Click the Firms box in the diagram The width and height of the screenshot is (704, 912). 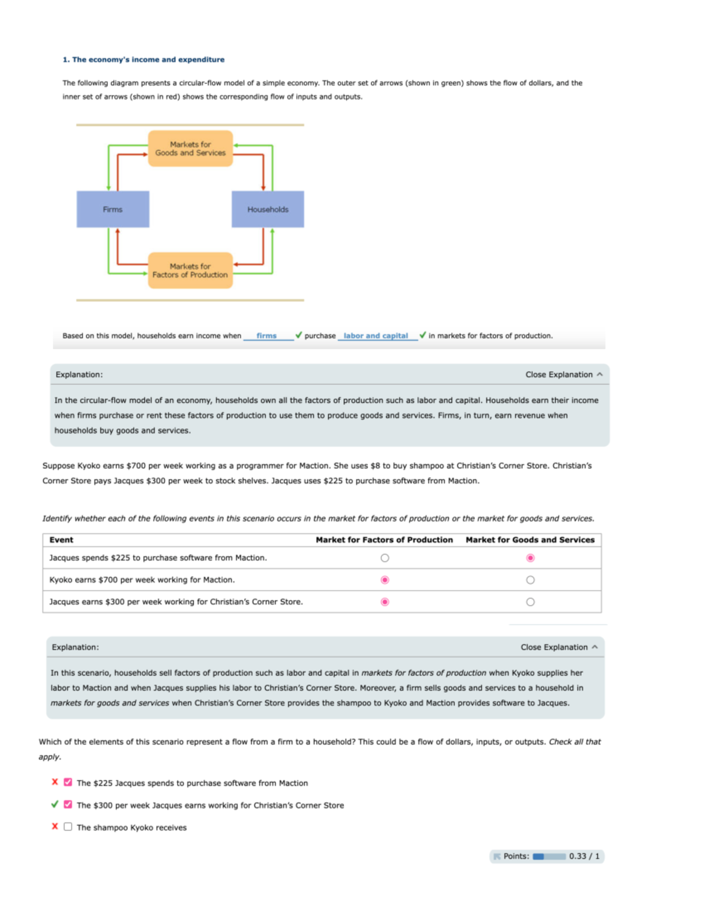[113, 209]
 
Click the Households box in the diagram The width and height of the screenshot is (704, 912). [268, 209]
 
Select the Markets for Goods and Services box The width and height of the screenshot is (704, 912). [190, 149]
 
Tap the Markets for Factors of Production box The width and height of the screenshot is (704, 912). [190, 271]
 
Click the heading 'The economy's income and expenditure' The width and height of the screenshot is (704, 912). [144, 59]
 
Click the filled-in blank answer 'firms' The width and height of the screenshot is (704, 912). [266, 336]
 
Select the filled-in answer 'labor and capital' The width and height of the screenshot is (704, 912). [375, 336]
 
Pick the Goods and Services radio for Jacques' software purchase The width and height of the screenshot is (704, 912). [530, 558]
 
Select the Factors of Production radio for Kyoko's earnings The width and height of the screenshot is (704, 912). [385, 580]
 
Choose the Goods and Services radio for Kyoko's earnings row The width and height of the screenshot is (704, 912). [530, 580]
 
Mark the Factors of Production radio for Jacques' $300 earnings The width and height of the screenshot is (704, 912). [385, 602]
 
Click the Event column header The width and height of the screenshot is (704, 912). [62, 540]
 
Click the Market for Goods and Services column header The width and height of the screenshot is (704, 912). [530, 540]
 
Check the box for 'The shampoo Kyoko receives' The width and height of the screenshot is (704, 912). [68, 827]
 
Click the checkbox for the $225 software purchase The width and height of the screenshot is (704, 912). [68, 782]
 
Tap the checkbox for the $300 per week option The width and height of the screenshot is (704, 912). [68, 805]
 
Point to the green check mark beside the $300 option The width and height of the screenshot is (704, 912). [55, 805]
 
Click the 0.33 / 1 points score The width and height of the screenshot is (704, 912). [584, 856]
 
